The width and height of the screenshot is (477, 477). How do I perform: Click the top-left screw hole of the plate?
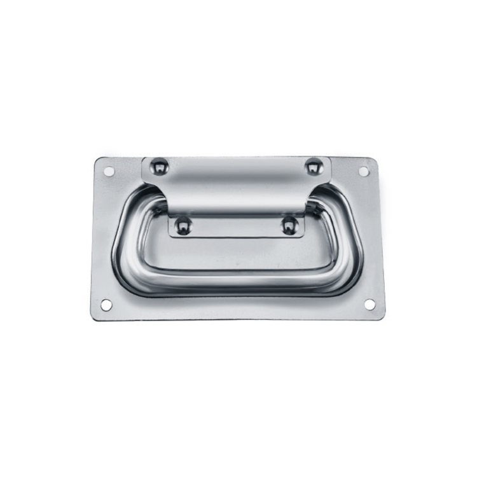coord(109,171)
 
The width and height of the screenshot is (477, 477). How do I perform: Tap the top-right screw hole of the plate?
coord(363,171)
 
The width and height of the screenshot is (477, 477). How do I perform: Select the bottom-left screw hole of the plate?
coord(106,305)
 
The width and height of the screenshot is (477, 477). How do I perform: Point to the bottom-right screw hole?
coord(370,304)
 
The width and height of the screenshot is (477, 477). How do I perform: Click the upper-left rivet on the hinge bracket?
coord(159,167)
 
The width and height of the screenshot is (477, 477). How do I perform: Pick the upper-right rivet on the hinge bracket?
coord(312,167)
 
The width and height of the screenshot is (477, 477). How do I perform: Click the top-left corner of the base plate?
coord(97,159)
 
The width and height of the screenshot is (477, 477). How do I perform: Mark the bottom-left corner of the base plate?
coord(93,317)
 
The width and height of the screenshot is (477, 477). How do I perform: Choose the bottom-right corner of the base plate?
coord(383,317)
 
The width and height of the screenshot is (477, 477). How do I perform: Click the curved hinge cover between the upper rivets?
coord(235,181)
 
